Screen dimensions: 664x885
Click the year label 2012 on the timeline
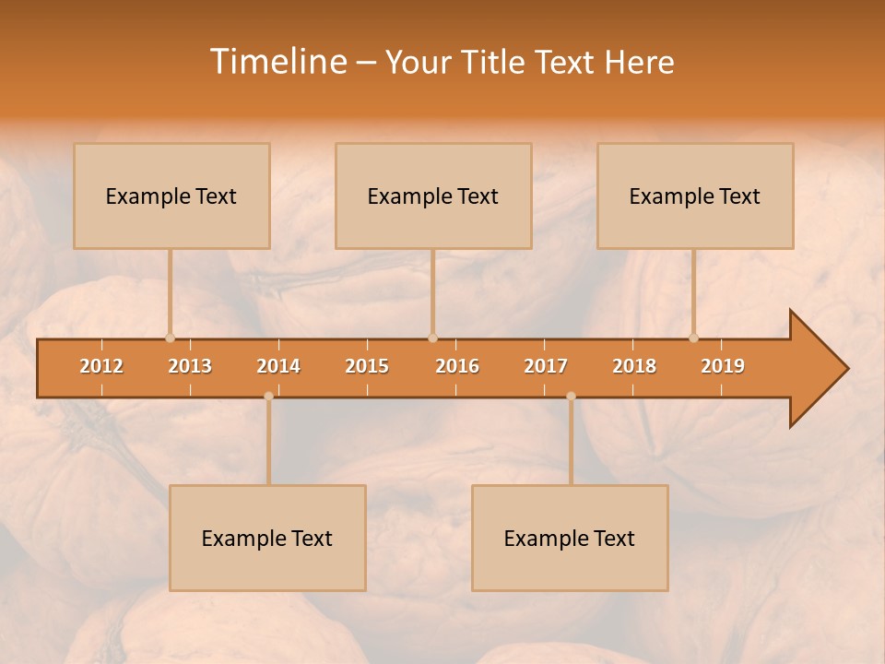click(x=101, y=366)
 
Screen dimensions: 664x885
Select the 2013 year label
click(x=190, y=366)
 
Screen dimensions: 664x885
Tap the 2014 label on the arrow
click(x=278, y=366)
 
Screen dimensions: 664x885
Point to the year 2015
click(x=367, y=366)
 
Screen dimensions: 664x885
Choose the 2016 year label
click(x=457, y=366)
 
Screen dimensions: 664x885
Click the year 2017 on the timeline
click(x=546, y=366)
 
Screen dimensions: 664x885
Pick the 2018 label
click(x=634, y=366)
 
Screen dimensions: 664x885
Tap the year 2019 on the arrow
click(x=723, y=366)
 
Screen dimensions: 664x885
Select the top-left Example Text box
click(x=171, y=196)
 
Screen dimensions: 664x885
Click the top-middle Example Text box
click(x=433, y=196)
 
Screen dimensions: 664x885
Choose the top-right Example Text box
click(x=695, y=196)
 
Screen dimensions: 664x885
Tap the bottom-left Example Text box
click(x=267, y=539)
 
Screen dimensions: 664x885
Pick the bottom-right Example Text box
click(x=570, y=539)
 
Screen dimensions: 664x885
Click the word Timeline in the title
click(x=277, y=62)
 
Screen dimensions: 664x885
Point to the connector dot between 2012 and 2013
click(x=170, y=338)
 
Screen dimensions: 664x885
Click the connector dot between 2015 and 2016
click(x=432, y=338)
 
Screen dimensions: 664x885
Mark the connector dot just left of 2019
click(x=693, y=338)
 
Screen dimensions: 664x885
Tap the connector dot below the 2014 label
click(x=268, y=397)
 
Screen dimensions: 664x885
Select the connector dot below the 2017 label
click(x=571, y=397)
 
